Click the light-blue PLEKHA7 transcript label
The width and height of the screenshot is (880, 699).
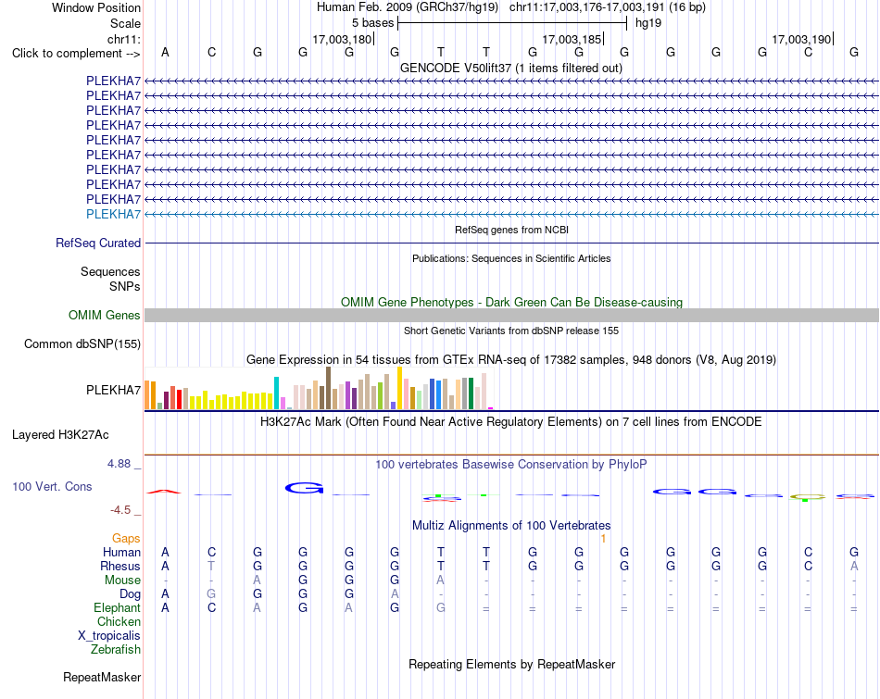point(113,214)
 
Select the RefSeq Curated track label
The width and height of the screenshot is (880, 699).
point(98,243)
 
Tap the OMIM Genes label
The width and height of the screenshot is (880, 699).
point(105,316)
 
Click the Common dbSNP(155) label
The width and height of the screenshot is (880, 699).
point(82,343)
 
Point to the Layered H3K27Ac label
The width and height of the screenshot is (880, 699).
point(60,435)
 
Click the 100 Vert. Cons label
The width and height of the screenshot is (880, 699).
point(52,486)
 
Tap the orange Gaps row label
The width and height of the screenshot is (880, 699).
point(126,539)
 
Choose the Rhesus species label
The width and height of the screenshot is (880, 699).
point(120,566)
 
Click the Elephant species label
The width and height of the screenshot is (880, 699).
point(118,608)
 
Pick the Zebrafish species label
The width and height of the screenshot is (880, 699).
point(116,650)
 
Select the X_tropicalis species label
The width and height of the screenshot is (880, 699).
point(109,636)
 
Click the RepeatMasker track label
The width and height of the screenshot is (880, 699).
point(102,677)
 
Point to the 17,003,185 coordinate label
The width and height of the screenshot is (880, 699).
point(572,39)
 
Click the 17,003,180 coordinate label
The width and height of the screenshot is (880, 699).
point(343,39)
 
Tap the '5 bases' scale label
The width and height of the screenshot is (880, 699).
point(373,23)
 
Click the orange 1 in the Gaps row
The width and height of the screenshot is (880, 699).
point(603,539)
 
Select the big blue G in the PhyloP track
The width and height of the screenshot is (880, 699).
point(304,488)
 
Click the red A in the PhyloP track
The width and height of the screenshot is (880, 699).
point(164,492)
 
